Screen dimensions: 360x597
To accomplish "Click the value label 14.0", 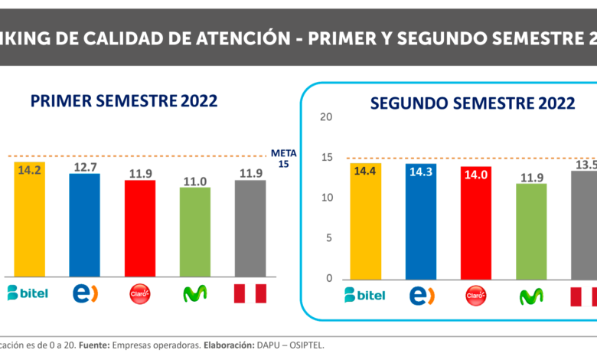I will [475, 174].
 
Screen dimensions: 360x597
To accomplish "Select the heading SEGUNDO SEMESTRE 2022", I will [472, 103].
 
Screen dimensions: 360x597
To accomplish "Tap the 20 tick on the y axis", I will [327, 117].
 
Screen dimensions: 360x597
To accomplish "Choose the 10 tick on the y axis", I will [327, 198].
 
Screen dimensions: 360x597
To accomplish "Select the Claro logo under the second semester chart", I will [475, 295].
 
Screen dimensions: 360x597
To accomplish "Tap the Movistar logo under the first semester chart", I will [194, 293].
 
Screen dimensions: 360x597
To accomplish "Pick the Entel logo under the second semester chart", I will [420, 295].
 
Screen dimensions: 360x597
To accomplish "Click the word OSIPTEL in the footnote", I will [304, 345].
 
